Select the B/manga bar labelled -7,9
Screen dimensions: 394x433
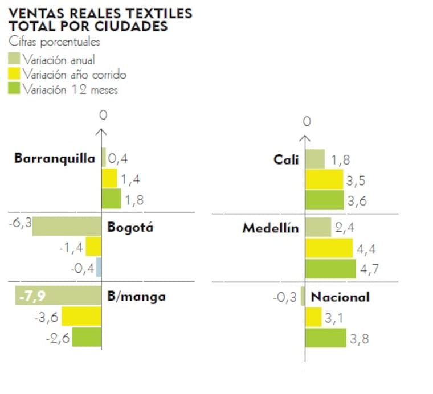click(x=58, y=295)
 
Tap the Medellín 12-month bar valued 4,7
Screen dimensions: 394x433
click(x=330, y=269)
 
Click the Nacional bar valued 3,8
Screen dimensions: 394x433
click(x=325, y=338)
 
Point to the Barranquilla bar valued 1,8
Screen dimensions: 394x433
click(x=111, y=199)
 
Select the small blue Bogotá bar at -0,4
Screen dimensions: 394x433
click(x=99, y=267)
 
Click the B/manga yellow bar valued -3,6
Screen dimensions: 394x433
click(x=81, y=317)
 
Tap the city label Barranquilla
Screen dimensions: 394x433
click(x=54, y=158)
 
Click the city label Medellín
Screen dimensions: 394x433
click(x=270, y=228)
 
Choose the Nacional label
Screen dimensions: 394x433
click(x=340, y=297)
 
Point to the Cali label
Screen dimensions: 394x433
click(x=285, y=159)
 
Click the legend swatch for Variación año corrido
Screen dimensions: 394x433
click(x=14, y=74)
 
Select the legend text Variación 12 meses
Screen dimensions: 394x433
click(x=70, y=89)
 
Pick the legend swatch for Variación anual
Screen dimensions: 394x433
click(x=14, y=59)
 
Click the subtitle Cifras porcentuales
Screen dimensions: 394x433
click(x=54, y=42)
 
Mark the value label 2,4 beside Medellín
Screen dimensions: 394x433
click(x=344, y=228)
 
